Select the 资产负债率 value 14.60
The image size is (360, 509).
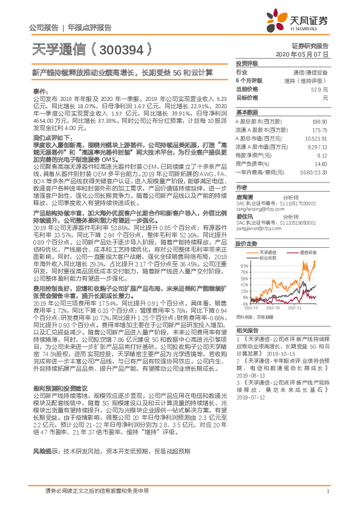pos(320,163)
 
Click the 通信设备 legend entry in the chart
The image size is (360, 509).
pos(307,251)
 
